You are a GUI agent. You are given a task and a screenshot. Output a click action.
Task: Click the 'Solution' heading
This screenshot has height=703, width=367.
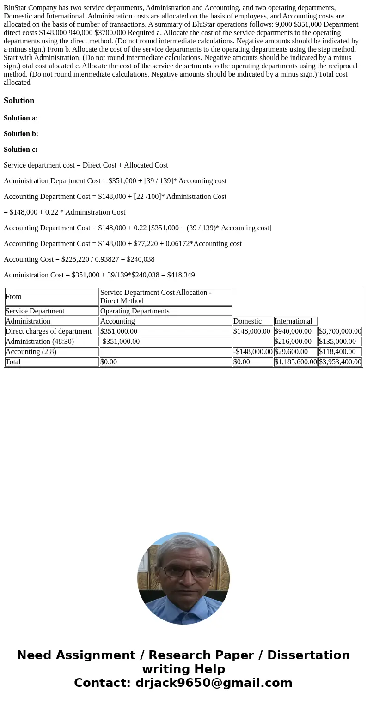(19, 101)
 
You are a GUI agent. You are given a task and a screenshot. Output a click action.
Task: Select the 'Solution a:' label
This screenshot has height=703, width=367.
(21, 118)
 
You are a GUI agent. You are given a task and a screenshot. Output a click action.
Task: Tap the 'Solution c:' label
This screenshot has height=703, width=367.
(21, 150)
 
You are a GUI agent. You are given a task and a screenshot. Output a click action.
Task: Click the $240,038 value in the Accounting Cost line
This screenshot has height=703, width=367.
(141, 259)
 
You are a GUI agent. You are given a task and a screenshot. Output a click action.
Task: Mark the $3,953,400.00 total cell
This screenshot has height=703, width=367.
(340, 362)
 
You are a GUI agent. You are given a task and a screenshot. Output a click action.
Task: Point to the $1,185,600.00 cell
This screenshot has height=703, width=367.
(295, 362)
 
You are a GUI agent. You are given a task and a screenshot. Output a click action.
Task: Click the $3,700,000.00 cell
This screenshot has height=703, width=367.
(340, 331)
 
